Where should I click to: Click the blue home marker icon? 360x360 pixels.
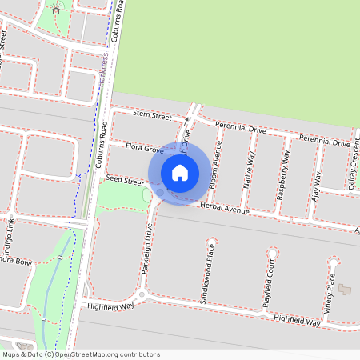tap(180, 172)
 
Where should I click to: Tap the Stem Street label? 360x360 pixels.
tap(153, 116)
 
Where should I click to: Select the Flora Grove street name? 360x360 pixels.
tap(145, 148)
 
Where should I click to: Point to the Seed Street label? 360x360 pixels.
tap(124, 182)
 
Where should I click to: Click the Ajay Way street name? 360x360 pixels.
tap(318, 183)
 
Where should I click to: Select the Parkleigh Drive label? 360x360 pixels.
tap(147, 249)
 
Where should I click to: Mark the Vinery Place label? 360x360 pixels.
tap(330, 290)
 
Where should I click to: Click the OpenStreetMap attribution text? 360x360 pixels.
tap(80, 354)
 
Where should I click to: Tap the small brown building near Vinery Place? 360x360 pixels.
tap(345, 288)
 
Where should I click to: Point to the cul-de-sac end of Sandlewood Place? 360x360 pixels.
tap(211, 241)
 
